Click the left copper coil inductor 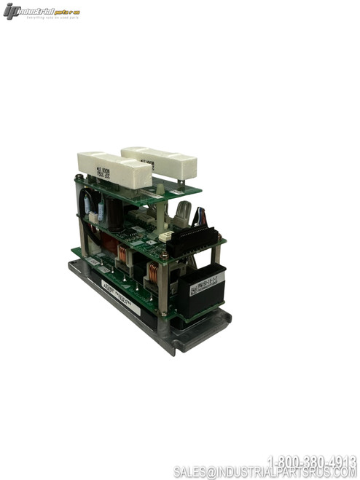pyautogui.click(x=123, y=256)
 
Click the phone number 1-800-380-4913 pyautogui.click(x=312, y=461)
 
